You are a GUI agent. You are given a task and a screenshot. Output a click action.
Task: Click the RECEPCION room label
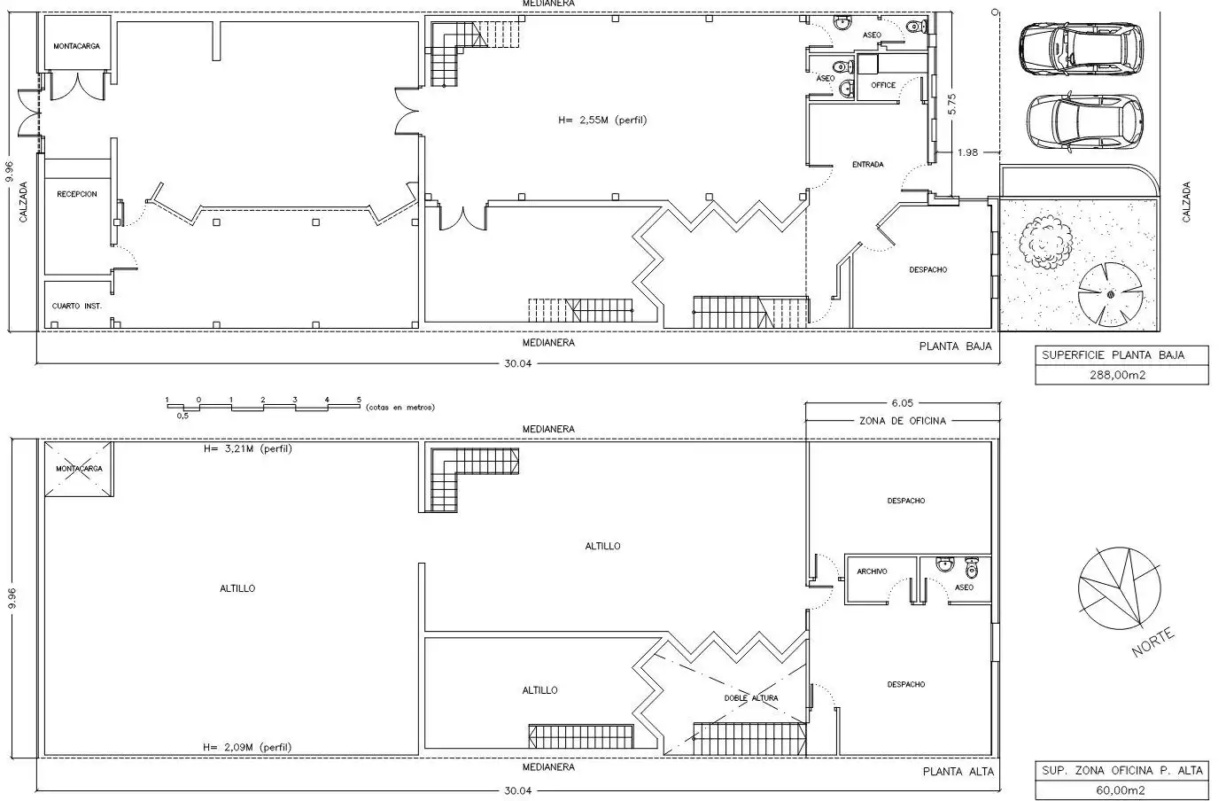[x=76, y=194]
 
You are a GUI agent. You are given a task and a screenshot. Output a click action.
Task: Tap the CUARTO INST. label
[x=76, y=306]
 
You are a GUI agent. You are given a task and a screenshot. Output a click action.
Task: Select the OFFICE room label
[x=883, y=85]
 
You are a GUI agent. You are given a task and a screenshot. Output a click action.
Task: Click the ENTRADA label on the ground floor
[x=867, y=164]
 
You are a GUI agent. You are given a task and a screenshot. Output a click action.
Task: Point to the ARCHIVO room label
[x=872, y=572]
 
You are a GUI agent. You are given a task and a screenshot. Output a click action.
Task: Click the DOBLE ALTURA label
[x=751, y=698]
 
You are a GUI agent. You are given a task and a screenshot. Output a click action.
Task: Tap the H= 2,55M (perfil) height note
[x=602, y=120]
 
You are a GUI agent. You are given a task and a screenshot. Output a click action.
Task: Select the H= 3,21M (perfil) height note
[x=248, y=449]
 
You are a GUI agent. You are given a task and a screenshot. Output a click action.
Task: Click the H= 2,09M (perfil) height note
[x=247, y=747]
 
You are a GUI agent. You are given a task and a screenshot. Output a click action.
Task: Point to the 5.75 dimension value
[x=951, y=104]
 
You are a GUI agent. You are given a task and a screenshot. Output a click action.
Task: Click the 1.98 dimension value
[x=967, y=152]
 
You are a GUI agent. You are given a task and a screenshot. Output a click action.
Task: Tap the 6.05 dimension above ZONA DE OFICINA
[x=903, y=403]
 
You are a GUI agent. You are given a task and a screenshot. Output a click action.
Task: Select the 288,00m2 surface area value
[x=1118, y=376]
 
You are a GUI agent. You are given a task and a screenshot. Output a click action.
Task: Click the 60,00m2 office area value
[x=1121, y=790]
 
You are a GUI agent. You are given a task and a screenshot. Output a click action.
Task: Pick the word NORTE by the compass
[x=1153, y=642]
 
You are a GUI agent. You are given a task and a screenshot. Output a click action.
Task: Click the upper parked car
[x=1082, y=49]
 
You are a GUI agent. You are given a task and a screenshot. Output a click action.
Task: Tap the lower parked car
[x=1085, y=122]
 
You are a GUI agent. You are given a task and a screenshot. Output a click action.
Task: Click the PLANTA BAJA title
[x=956, y=346]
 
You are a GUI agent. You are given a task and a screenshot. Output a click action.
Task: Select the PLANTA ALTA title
[x=958, y=772]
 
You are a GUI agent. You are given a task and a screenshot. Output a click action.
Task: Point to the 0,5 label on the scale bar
[x=182, y=416]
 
